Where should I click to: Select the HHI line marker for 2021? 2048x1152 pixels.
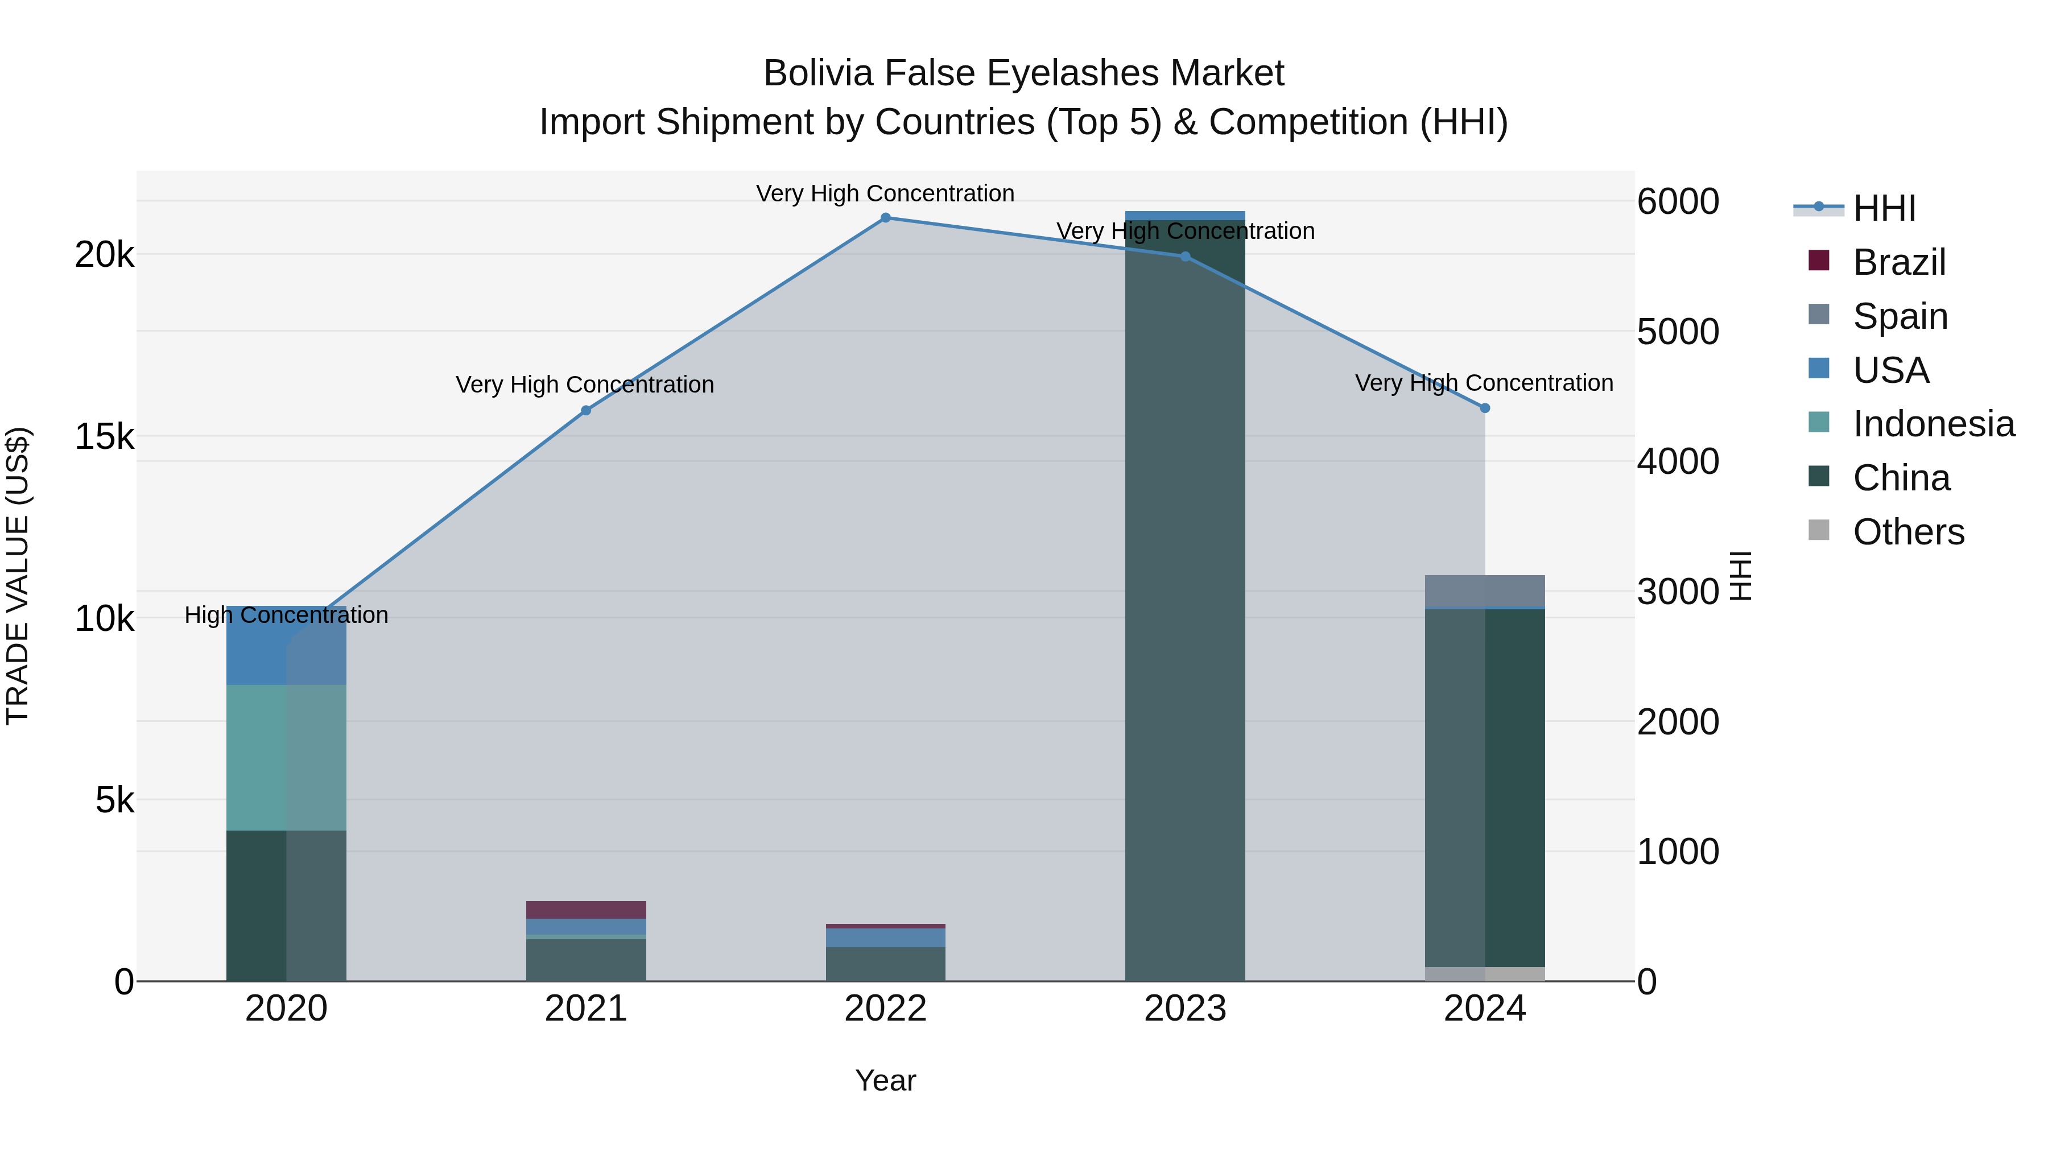point(586,410)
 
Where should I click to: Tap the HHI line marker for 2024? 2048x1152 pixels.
point(1484,408)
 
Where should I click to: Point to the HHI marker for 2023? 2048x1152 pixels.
point(1184,256)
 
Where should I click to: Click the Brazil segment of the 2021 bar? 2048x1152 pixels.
point(586,910)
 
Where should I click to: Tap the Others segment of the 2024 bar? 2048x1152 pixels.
point(1484,974)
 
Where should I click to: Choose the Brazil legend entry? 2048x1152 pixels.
point(1898,262)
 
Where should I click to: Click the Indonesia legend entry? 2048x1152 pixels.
point(1934,424)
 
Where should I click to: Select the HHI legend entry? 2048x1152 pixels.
point(1884,208)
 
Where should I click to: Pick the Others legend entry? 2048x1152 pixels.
point(1908,532)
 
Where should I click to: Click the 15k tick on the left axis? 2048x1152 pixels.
point(104,436)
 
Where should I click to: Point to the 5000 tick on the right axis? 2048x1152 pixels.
point(1678,332)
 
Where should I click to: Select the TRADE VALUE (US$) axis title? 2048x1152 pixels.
point(18,576)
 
